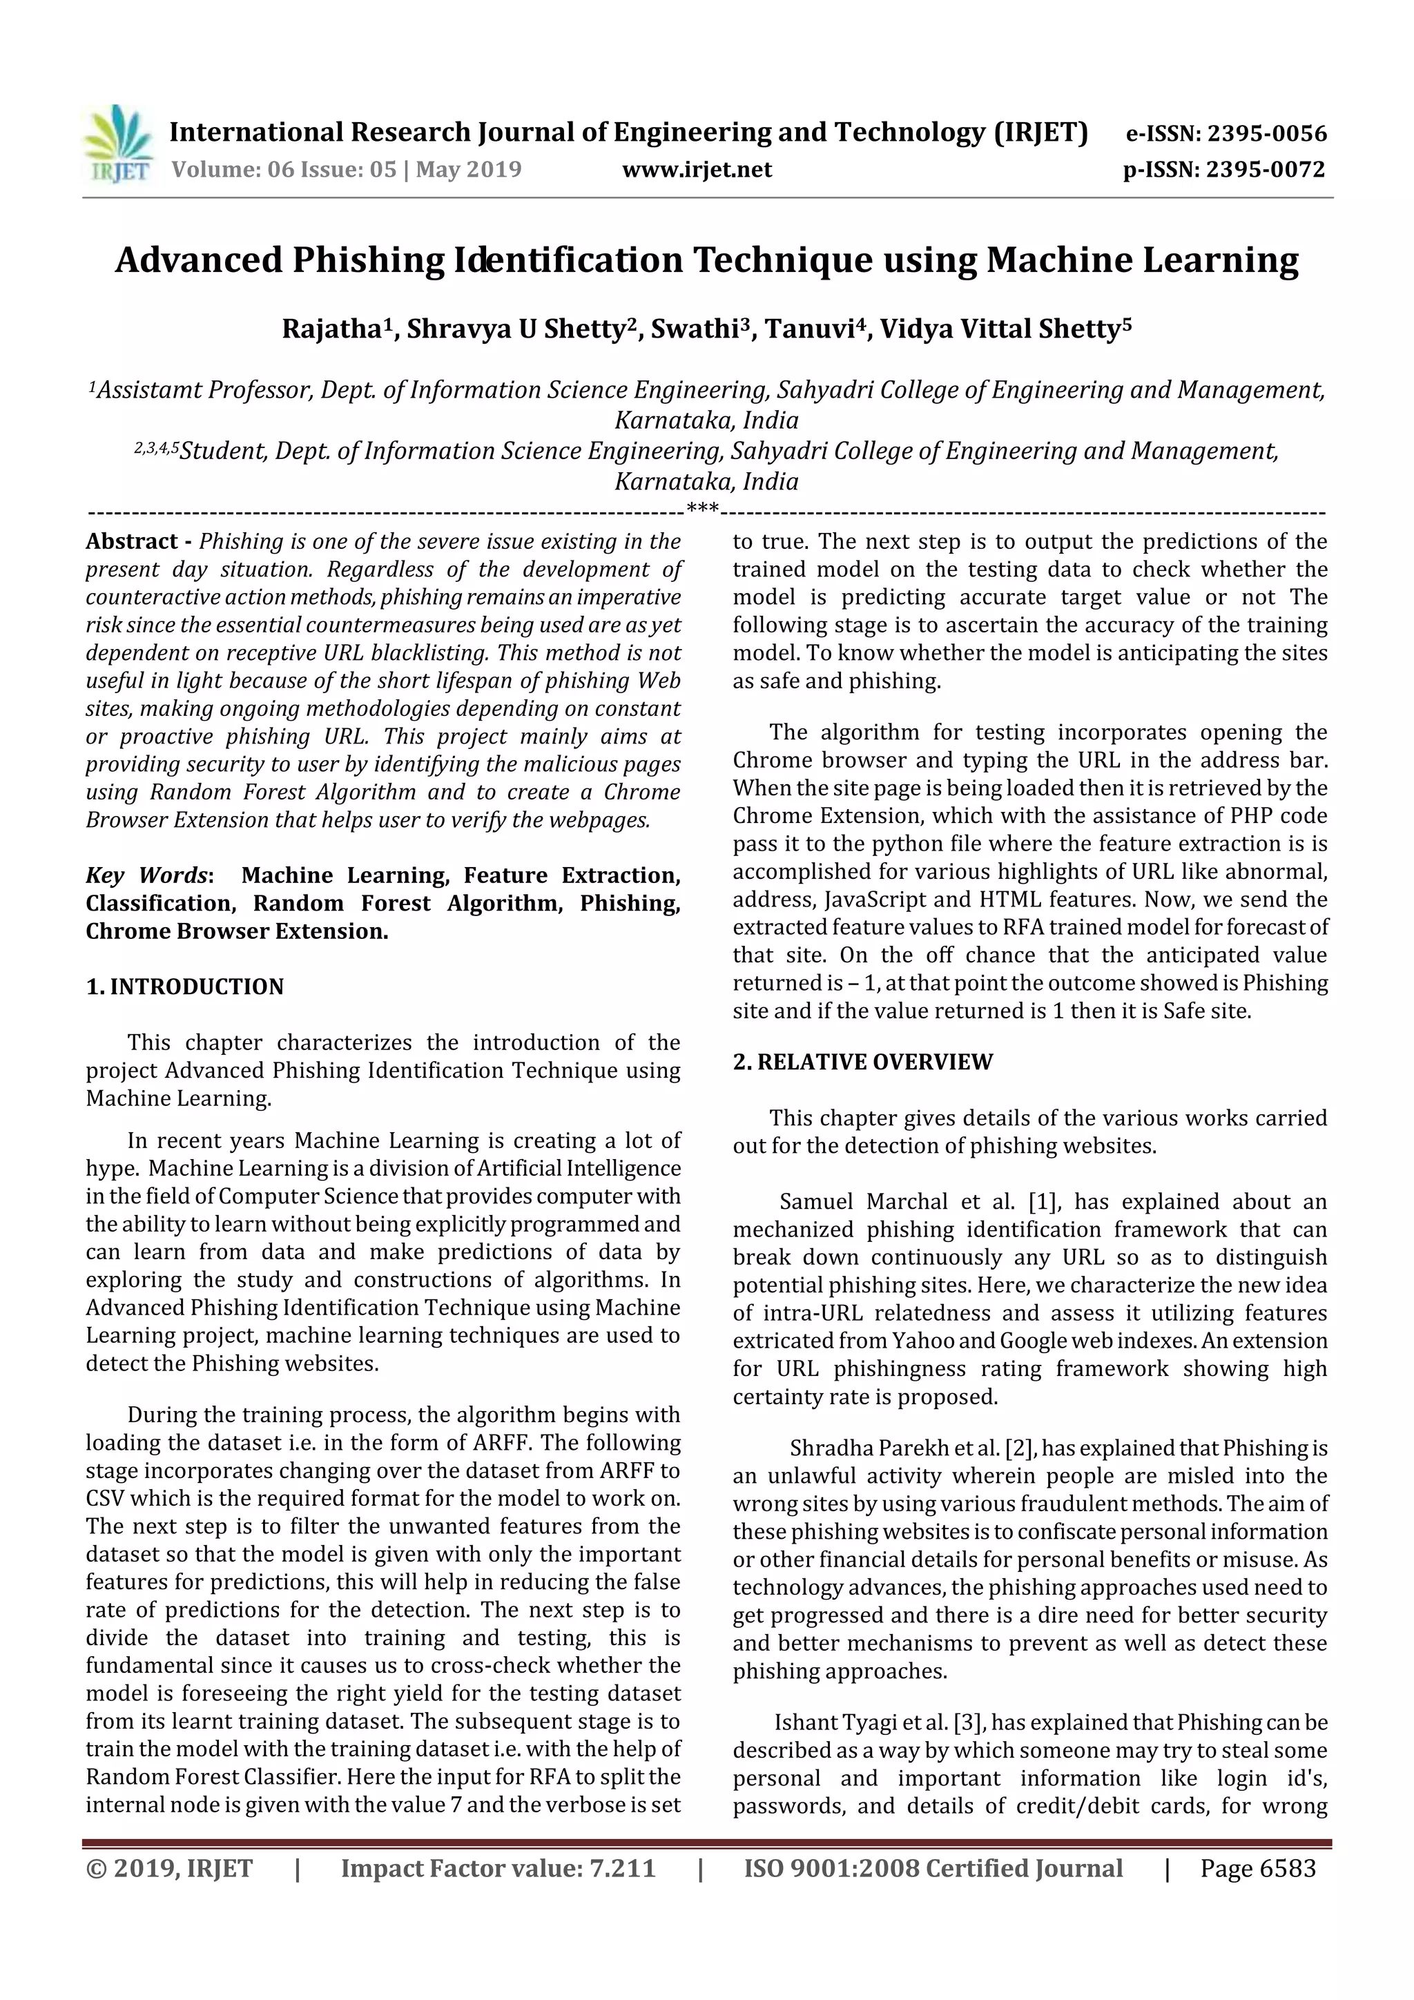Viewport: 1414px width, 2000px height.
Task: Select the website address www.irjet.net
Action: (697, 170)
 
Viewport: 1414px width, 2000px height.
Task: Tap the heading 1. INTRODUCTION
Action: (185, 987)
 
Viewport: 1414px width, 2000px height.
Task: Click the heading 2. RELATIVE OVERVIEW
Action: (862, 1062)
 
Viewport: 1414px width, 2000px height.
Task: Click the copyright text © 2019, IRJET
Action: (169, 1868)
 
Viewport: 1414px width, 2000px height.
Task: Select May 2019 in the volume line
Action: (468, 170)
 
